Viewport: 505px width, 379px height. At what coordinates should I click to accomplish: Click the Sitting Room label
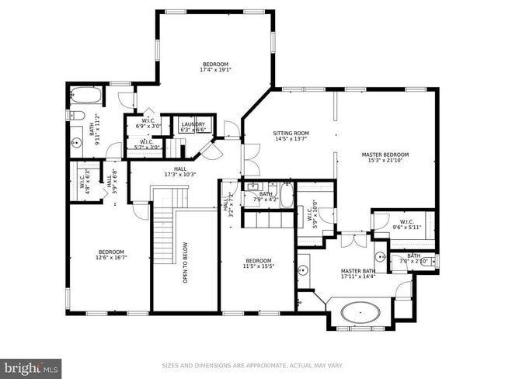[291, 136]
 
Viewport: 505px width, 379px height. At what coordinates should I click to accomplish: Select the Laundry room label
[193, 127]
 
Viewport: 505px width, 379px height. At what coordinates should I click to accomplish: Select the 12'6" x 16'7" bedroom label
[112, 256]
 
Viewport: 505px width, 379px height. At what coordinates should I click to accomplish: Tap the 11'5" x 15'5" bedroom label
[259, 263]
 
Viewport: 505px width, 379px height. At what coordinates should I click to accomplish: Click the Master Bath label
[357, 275]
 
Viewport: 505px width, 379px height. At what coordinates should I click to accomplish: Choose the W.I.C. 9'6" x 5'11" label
[407, 224]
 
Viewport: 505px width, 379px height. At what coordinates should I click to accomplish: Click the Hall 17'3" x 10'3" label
[179, 172]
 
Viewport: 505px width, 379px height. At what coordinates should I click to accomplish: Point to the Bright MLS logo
[31, 366]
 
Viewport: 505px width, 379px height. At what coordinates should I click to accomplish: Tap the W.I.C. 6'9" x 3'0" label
[148, 123]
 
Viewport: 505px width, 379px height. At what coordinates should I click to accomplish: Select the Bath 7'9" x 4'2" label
[266, 196]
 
